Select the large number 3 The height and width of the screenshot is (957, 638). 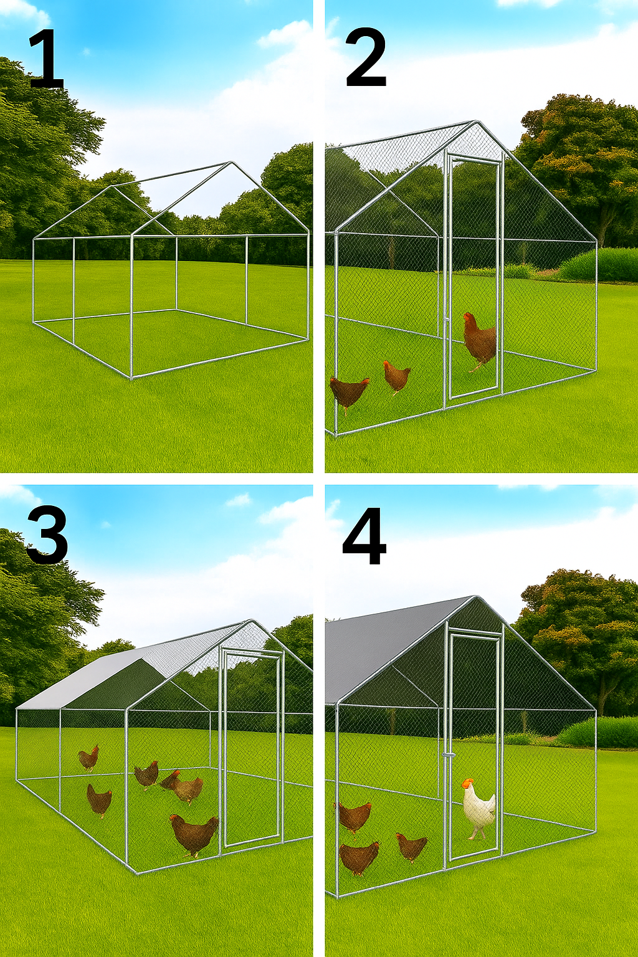click(x=47, y=536)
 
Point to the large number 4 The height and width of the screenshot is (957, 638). click(x=364, y=536)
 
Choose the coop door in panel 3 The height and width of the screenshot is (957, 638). click(x=252, y=748)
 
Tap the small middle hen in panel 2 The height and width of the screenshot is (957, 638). click(x=396, y=376)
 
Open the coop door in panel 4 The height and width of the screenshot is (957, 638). click(x=474, y=748)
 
